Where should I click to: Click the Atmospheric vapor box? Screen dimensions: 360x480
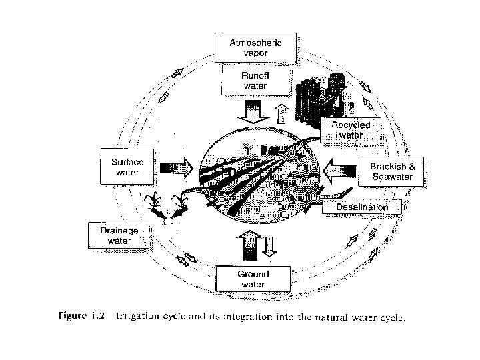pos(255,47)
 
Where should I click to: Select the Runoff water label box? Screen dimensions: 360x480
pos(255,81)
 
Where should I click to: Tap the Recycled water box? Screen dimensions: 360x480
pos(351,130)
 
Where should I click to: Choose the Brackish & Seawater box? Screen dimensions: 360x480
pos(391,172)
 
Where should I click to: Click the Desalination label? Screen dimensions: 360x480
pos(362,207)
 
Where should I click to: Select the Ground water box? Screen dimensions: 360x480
pos(253,279)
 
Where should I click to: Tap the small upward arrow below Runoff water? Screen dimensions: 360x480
pos(281,113)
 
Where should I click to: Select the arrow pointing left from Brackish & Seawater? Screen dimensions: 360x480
pos(337,171)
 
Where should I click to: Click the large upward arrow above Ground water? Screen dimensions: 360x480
pos(251,246)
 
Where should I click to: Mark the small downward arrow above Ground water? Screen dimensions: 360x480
pos(269,246)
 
